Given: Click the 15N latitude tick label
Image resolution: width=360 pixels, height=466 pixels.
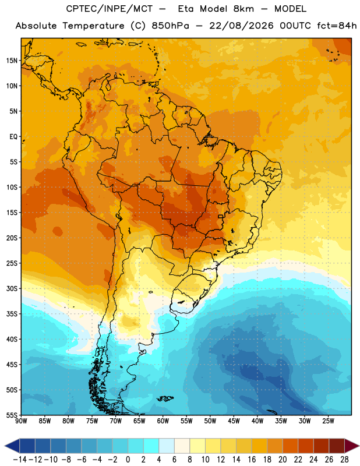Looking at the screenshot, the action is pos(12,61).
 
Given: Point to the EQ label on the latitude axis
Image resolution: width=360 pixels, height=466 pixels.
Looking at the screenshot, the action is pos(13,137).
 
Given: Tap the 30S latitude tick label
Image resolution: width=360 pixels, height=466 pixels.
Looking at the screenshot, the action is pos(12,288).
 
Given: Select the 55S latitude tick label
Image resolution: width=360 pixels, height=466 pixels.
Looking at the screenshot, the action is pos(12,415).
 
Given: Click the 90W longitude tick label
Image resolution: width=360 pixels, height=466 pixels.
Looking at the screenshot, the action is pos(21,421).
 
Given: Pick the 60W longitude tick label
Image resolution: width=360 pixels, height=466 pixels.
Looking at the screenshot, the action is pos(163,421).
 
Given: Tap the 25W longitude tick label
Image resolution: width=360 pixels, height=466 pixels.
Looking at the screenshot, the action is pos(328,421).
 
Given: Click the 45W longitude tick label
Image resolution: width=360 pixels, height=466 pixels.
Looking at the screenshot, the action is pos(234,421).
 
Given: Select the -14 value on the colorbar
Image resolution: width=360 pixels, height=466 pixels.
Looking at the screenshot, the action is pos(20,460).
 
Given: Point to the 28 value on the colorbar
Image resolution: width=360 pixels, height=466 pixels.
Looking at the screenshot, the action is pos(344,460).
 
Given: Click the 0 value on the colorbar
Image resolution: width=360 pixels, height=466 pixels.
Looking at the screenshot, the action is pos(128,460).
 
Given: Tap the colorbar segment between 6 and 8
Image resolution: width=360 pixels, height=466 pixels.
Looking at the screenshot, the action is pos(182,446).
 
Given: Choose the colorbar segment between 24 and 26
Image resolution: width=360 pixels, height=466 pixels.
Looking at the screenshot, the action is pos(321,446).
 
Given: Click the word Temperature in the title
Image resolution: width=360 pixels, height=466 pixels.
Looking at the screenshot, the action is pos(93,26).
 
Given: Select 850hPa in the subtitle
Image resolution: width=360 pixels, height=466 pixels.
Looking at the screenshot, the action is pos(170,26).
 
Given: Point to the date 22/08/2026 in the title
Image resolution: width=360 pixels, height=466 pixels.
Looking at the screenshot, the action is pos(241,26).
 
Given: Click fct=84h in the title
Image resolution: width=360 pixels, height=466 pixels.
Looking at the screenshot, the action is pos(337,26).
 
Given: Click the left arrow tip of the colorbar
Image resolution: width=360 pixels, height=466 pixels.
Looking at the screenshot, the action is pos(5,446).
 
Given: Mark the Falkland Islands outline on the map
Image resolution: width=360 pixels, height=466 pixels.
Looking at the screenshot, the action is pos(165,398).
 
